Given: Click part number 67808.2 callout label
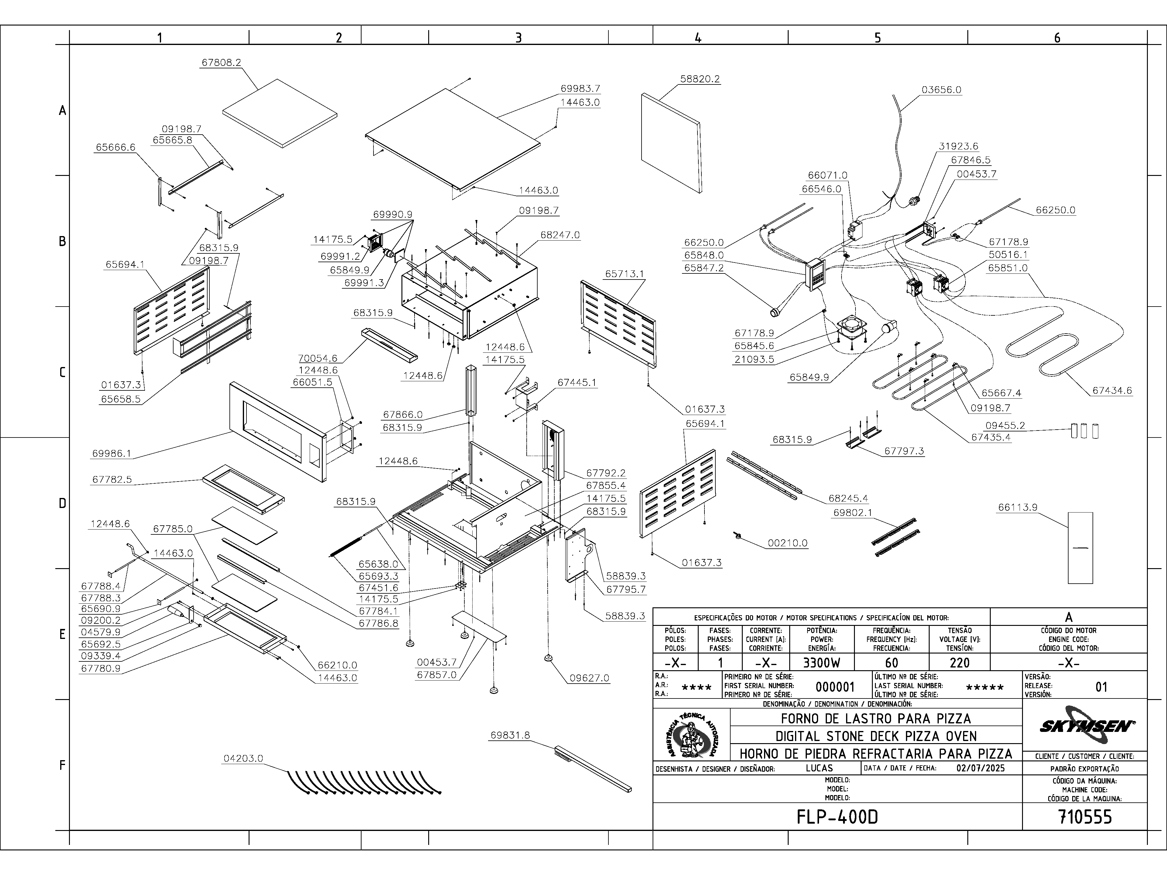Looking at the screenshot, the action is pyautogui.click(x=221, y=62).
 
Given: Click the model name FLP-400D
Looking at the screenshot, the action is pyautogui.click(x=837, y=817).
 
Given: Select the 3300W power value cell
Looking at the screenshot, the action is pyautogui.click(x=821, y=662).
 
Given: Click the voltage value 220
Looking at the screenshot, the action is pyautogui.click(x=960, y=662).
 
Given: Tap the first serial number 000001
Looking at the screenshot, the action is pyautogui.click(x=835, y=687).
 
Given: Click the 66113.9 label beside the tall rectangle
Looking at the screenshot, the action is pyautogui.click(x=1018, y=507).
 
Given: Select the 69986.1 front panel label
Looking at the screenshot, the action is pyautogui.click(x=111, y=454).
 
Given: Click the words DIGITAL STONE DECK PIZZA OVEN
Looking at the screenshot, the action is pyautogui.click(x=876, y=736).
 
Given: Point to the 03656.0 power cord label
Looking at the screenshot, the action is pyautogui.click(x=942, y=90).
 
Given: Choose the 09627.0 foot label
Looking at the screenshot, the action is pyautogui.click(x=589, y=678).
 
